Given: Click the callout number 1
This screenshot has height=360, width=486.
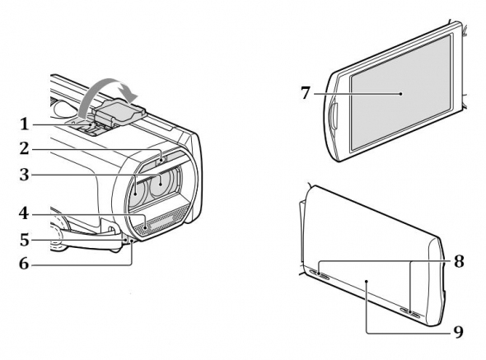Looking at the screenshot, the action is (25, 124).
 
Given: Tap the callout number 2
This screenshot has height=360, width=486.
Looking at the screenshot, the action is (25, 148).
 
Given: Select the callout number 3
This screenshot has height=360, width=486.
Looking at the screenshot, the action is (25, 175).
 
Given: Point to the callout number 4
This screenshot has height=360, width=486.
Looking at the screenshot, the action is (24, 213).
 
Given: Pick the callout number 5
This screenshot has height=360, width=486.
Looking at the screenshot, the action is (25, 240).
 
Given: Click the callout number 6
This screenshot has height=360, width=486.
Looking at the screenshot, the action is (24, 264).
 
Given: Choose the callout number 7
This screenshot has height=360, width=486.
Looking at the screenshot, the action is (306, 93).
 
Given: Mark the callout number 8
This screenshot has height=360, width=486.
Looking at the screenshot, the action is (459, 261).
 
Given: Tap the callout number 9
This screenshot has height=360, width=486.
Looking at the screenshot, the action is (459, 332).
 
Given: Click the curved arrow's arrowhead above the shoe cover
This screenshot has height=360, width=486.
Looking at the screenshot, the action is (129, 92).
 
